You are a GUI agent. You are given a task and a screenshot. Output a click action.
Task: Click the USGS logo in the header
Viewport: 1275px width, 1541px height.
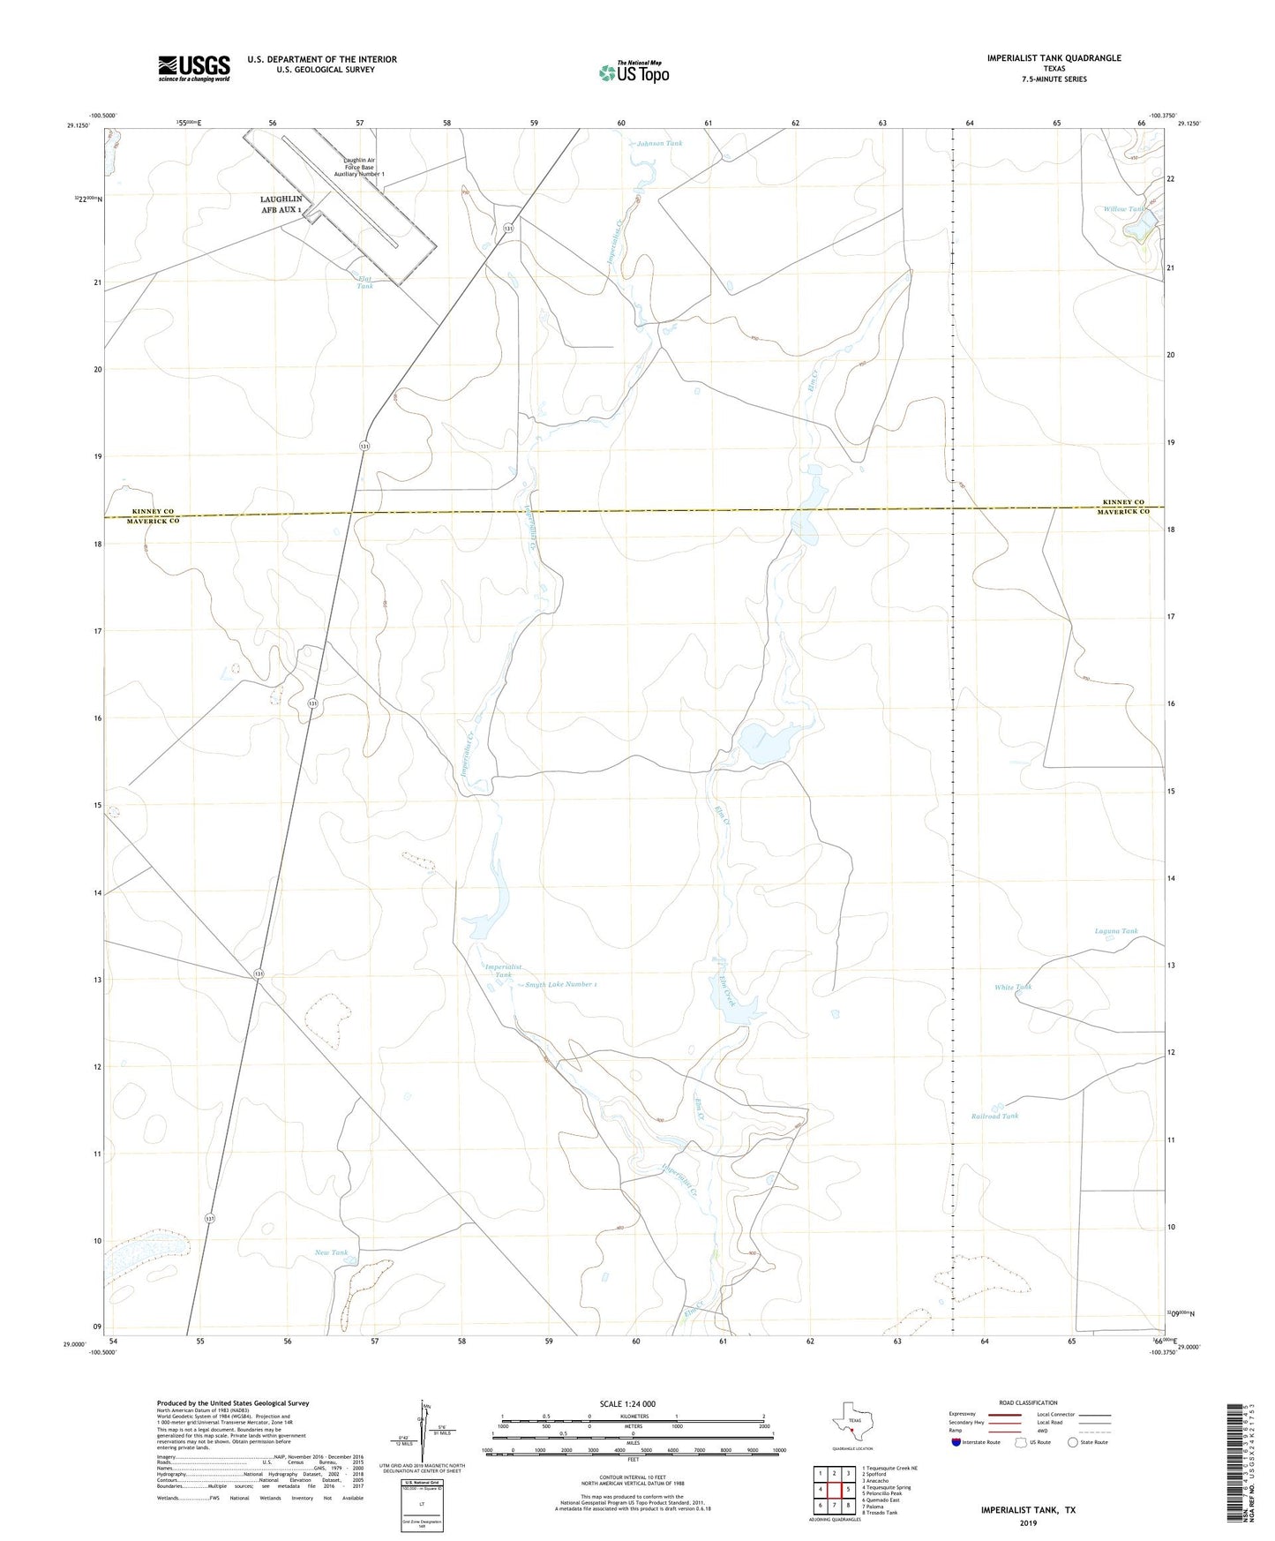click(194, 68)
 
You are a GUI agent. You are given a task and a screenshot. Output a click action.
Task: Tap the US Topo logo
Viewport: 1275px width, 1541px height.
click(634, 72)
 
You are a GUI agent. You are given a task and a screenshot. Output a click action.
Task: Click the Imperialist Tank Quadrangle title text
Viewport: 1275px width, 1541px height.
click(1054, 58)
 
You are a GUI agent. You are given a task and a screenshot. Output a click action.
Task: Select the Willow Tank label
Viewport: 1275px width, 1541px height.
click(1123, 209)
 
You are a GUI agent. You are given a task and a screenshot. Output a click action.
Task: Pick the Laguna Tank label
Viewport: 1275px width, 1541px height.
click(1115, 931)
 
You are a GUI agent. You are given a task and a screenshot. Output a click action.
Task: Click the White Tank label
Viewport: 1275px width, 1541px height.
click(1012, 987)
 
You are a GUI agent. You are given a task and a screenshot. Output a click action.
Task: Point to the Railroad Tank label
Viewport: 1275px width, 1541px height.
click(994, 1116)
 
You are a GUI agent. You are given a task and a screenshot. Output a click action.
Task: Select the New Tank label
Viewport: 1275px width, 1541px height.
click(332, 1252)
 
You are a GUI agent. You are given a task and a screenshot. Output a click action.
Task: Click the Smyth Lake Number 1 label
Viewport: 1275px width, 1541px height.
click(561, 984)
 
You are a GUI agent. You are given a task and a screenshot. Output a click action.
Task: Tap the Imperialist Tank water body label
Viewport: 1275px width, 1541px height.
click(503, 971)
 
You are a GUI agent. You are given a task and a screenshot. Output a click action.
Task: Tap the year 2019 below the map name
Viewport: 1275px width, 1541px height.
click(1027, 1523)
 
